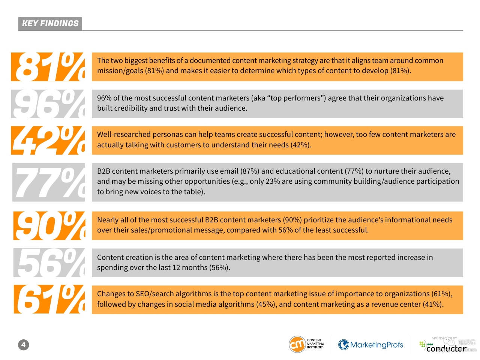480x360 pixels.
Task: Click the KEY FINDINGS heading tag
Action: [x=50, y=23]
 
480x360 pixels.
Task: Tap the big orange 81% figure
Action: [x=48, y=67]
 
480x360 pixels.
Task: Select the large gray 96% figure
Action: [x=48, y=104]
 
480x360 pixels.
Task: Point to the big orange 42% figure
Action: [x=48, y=141]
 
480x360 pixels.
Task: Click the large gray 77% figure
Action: [x=49, y=182]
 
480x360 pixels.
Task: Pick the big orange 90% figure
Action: [x=49, y=226]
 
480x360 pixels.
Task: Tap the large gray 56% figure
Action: [x=49, y=262]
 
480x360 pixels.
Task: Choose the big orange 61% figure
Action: [x=49, y=299]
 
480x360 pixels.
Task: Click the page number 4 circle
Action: [x=23, y=345]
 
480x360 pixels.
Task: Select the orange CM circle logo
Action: [x=297, y=344]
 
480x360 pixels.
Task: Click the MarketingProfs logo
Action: [x=370, y=345]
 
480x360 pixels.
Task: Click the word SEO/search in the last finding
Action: [x=154, y=294]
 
